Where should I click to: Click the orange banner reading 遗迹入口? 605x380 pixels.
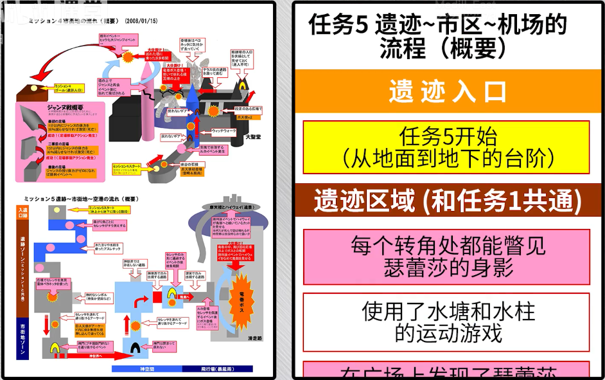click(448, 91)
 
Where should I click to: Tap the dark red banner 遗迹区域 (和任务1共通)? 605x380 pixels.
click(448, 202)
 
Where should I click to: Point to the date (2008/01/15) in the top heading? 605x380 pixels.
click(141, 21)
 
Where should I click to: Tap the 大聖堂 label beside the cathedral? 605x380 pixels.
click(252, 138)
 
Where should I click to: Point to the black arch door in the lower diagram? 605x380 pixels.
click(137, 348)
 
